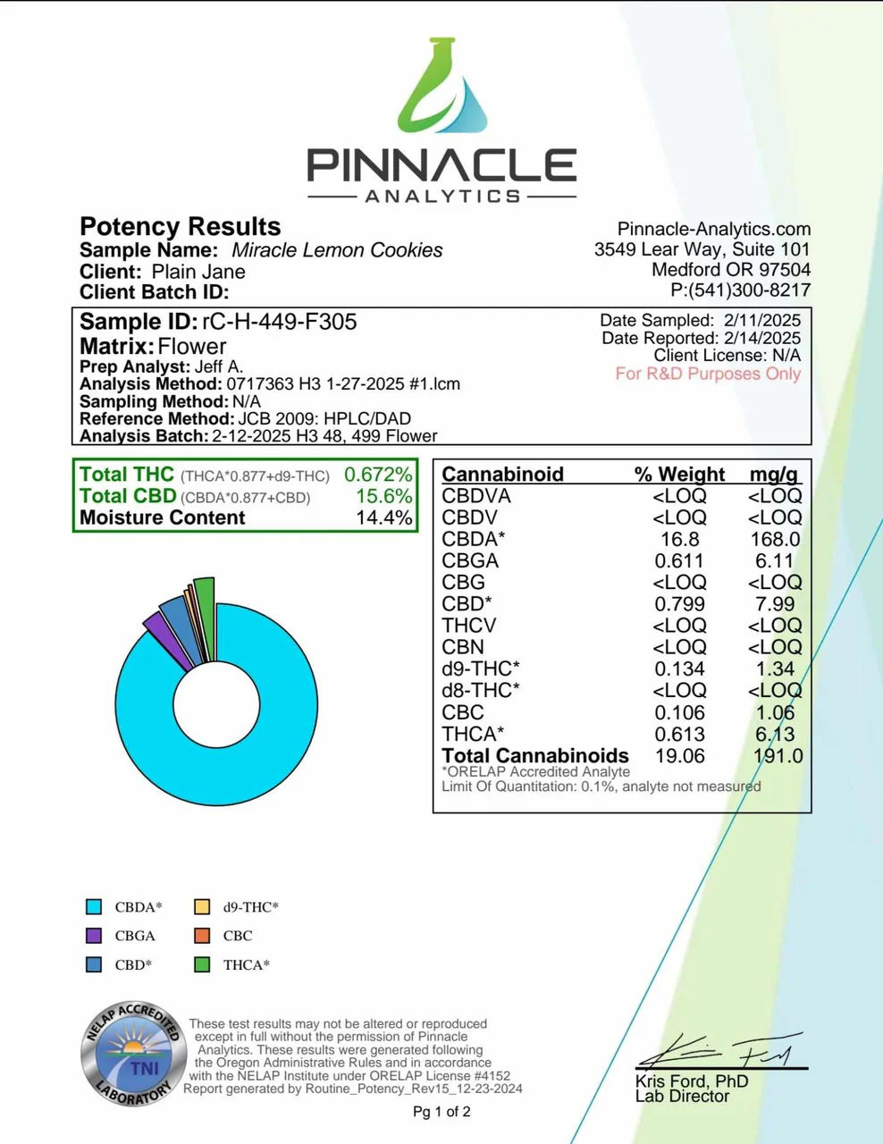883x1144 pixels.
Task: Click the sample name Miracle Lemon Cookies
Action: (337, 250)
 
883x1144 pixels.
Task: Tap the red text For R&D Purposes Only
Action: (708, 374)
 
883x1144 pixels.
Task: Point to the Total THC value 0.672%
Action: (378, 475)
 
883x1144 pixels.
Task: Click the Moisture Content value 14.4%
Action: (383, 518)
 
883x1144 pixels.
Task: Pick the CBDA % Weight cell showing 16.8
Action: (680, 540)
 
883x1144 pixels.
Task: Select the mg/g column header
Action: (774, 475)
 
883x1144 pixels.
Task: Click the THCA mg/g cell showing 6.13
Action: (775, 735)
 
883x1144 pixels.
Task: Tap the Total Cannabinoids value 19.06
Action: (679, 756)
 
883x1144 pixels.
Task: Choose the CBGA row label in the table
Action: (470, 561)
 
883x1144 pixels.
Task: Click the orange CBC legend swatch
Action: (202, 936)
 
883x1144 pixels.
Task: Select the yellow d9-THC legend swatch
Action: (202, 907)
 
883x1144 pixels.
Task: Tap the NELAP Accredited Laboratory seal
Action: (132, 1055)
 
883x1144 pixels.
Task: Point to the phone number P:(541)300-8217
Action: (740, 290)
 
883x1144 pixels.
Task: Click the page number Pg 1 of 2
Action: (441, 1112)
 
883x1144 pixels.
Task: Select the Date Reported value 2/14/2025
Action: (760, 338)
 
